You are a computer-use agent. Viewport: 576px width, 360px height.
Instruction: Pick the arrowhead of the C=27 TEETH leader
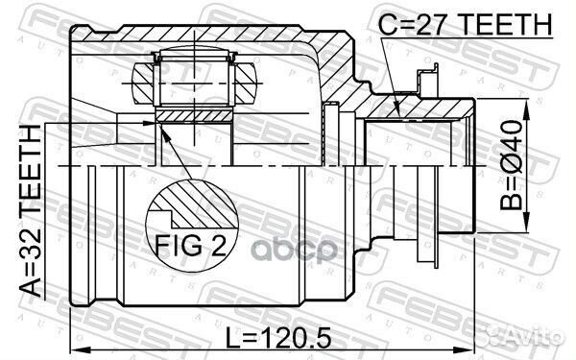click(x=398, y=115)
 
